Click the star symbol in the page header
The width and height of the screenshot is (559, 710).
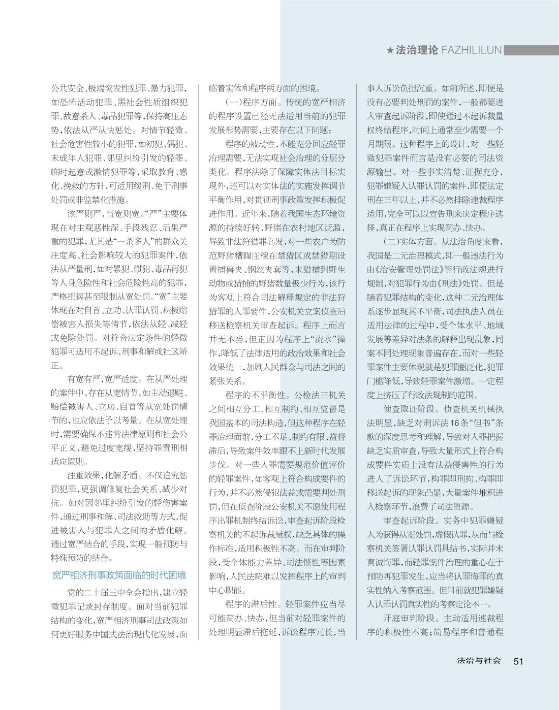pyautogui.click(x=390, y=50)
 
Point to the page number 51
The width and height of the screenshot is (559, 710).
pyautogui.click(x=518, y=661)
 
